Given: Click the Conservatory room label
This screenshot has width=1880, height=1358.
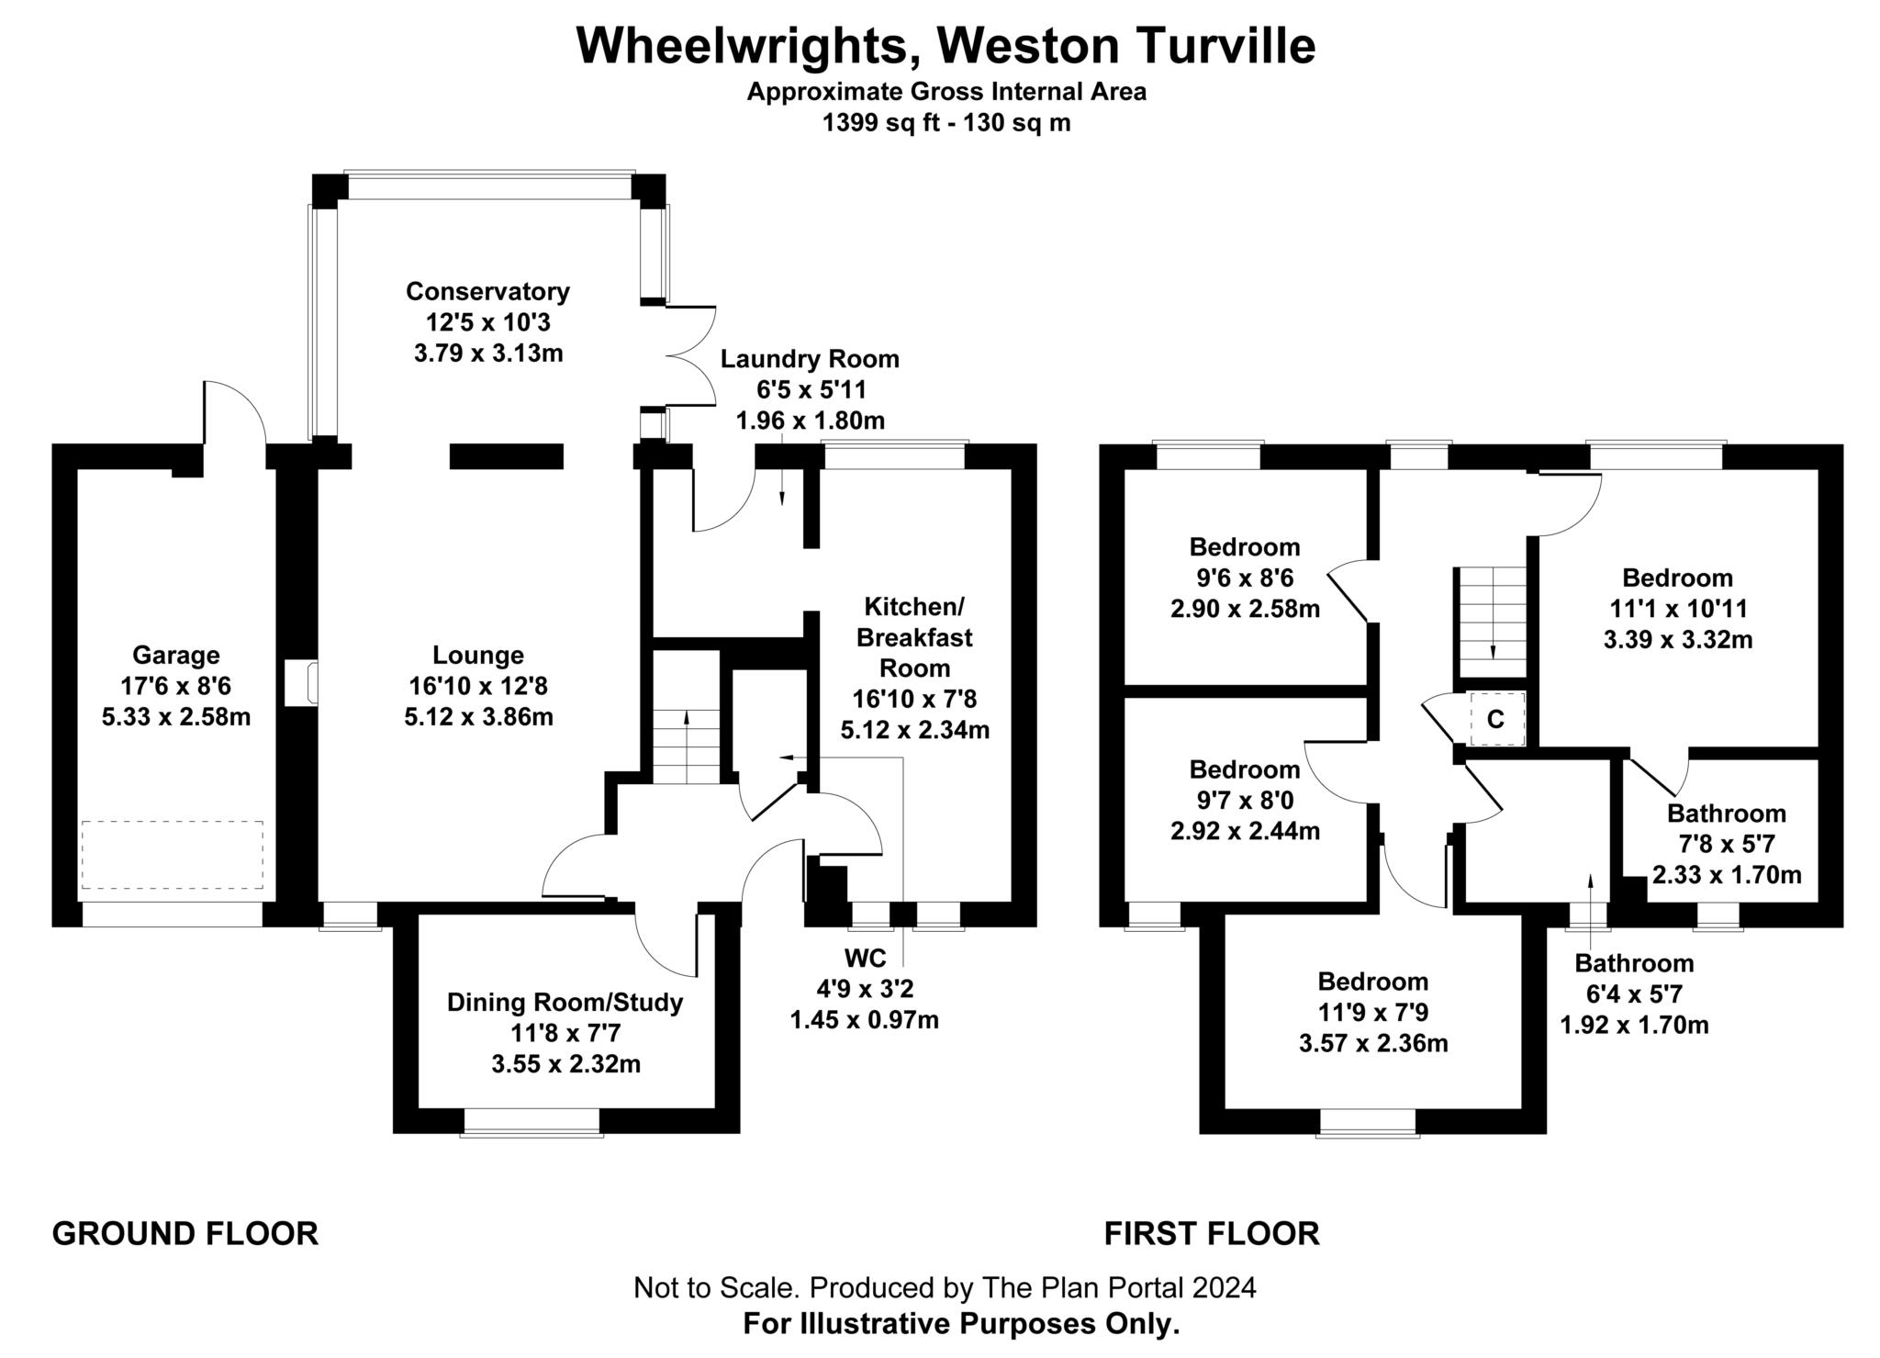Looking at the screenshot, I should click(x=487, y=292).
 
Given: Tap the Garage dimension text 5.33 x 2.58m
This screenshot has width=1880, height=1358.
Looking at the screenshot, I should click(x=175, y=717).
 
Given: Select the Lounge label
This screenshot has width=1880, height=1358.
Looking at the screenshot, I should click(x=478, y=655).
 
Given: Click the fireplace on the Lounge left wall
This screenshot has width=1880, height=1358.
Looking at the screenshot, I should click(x=301, y=684).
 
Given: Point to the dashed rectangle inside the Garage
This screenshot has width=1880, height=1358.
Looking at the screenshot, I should click(x=172, y=855).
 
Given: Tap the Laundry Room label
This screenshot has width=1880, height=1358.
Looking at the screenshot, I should click(x=810, y=359).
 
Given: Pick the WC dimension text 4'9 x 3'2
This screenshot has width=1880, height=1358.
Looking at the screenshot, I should click(x=865, y=989).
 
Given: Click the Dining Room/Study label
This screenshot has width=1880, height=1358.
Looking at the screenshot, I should click(x=565, y=1002).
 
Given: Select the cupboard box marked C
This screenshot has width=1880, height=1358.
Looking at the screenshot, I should click(x=1496, y=719).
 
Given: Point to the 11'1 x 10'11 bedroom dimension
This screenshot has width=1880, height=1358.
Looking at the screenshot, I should click(x=1677, y=609).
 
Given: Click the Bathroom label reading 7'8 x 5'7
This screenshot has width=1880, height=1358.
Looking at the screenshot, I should click(x=1726, y=814).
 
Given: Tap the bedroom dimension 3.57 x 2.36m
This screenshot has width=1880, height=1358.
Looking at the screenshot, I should click(x=1373, y=1043).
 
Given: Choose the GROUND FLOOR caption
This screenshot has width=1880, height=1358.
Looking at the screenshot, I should click(x=185, y=1233).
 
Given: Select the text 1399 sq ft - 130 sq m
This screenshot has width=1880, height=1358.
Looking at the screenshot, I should click(x=946, y=123).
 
